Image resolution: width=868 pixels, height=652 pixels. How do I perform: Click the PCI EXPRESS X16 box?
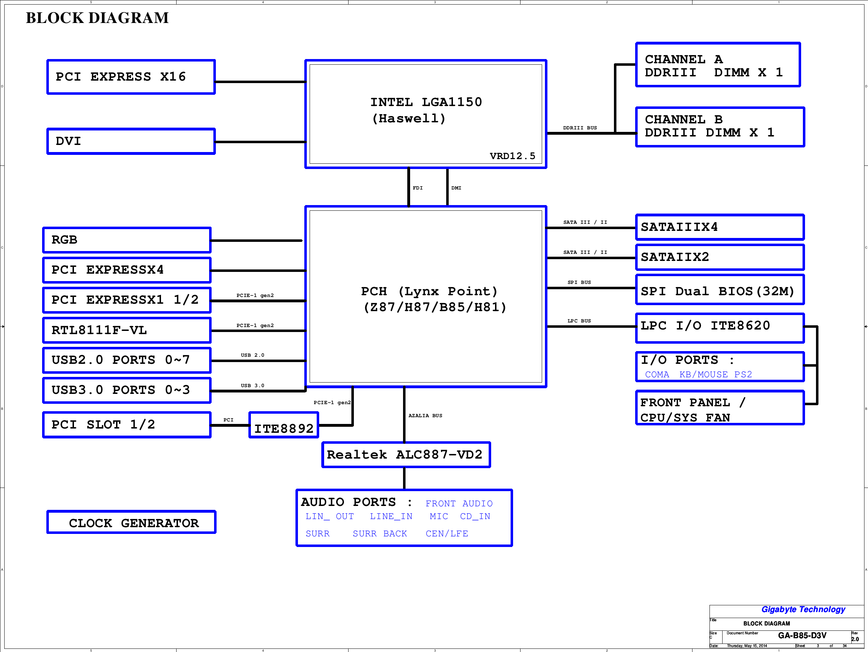tap(131, 77)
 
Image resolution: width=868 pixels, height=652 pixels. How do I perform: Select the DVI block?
tap(131, 141)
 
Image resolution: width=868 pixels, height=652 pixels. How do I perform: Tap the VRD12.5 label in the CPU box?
tap(512, 156)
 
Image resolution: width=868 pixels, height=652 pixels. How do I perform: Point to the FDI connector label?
tap(418, 188)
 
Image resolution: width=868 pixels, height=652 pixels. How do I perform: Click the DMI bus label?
tap(456, 188)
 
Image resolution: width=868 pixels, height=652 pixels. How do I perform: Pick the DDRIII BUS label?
tap(580, 128)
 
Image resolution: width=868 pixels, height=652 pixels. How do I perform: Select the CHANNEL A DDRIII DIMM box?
tap(718, 65)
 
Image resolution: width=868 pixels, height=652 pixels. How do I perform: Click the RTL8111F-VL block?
tap(127, 330)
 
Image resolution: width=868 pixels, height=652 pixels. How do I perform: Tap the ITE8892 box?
tap(284, 425)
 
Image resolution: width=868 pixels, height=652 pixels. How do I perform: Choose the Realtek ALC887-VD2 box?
tap(406, 455)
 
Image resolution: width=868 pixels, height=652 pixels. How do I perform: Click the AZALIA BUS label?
tap(425, 415)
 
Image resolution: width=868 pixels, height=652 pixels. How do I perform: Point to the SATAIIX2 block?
tap(720, 257)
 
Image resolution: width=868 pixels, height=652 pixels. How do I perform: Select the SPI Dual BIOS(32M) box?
tap(720, 290)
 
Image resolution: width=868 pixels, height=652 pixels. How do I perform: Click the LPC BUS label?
tap(579, 321)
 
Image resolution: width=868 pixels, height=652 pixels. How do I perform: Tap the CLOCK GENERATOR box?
tap(131, 522)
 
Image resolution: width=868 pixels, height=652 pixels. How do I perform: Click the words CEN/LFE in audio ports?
tap(447, 534)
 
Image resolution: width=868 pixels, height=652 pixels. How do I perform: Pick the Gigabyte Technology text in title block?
tap(803, 609)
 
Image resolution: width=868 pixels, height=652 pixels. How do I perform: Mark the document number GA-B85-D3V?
tap(802, 635)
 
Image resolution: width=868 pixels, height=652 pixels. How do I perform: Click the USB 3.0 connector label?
tap(252, 386)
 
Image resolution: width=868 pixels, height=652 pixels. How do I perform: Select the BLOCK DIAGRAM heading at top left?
tap(97, 18)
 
